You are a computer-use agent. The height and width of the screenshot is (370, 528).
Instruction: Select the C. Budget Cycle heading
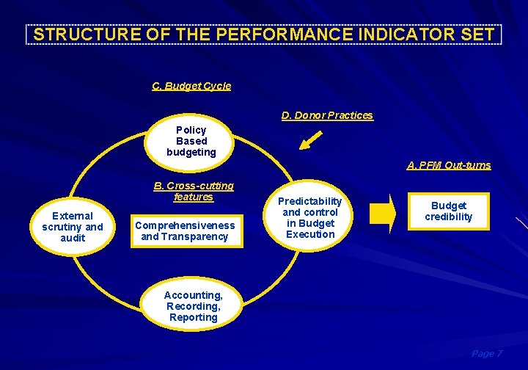click(191, 86)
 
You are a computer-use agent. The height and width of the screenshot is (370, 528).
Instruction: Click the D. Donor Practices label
click(327, 115)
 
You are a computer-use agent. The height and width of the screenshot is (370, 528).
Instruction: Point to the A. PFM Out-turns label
click(449, 165)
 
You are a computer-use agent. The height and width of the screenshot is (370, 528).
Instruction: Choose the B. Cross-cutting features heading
click(194, 191)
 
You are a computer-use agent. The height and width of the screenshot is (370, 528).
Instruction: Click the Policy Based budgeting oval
click(191, 141)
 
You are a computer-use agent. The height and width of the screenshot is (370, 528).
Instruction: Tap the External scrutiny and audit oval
click(73, 227)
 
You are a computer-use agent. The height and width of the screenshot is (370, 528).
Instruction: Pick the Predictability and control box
click(310, 218)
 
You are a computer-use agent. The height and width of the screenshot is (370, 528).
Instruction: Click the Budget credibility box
click(448, 211)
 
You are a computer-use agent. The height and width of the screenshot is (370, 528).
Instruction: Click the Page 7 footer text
click(487, 354)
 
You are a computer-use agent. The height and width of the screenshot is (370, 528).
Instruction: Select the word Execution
click(310, 234)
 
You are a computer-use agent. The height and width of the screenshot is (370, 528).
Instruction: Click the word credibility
click(448, 217)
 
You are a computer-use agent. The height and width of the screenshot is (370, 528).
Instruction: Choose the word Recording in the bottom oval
click(192, 306)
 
